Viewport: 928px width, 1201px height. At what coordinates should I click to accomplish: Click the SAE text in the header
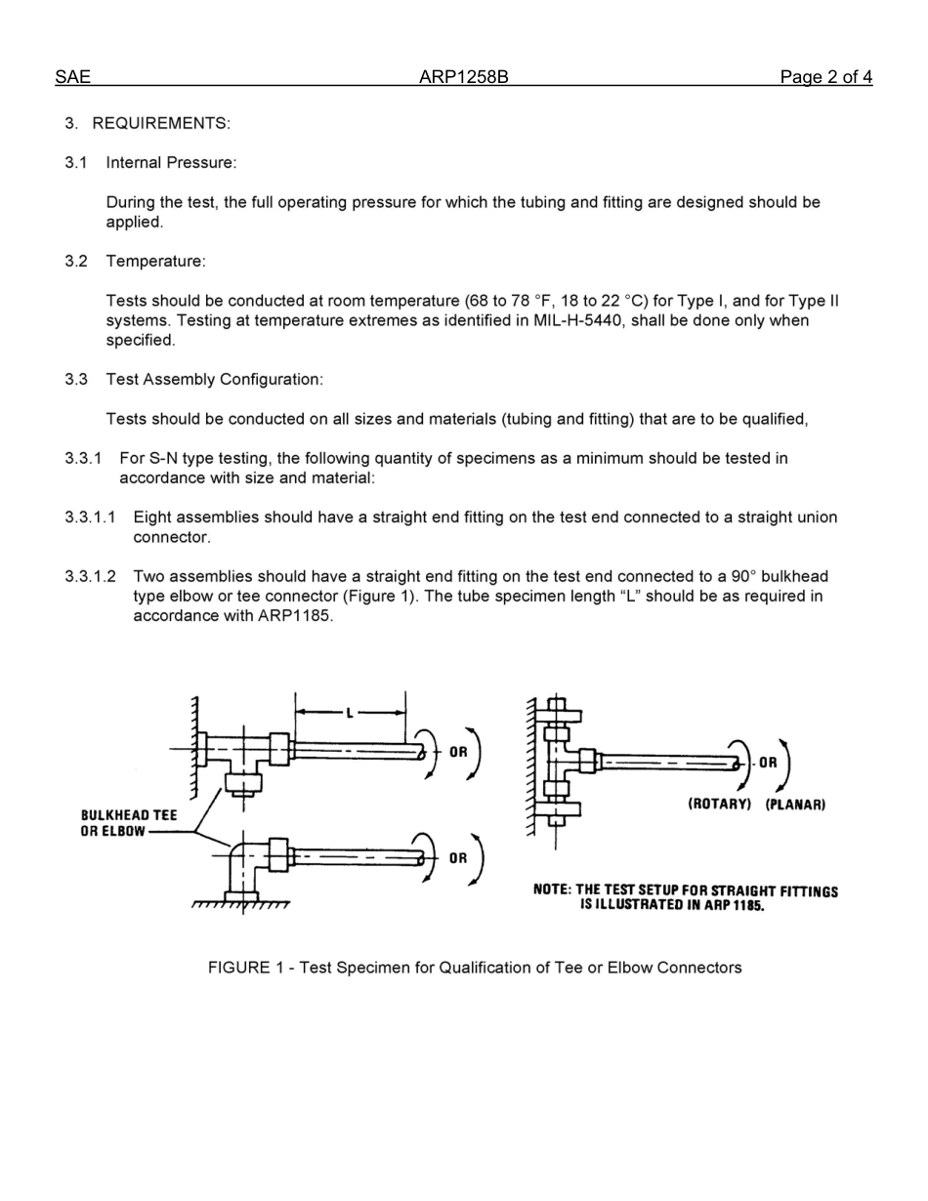[x=72, y=78]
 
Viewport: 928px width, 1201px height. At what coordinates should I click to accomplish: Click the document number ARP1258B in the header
[x=463, y=78]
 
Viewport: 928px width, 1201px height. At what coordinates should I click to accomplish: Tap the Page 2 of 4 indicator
[x=825, y=78]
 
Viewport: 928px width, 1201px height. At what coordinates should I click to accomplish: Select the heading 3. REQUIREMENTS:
[x=148, y=123]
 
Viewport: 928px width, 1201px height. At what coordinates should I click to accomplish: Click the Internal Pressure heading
[x=171, y=163]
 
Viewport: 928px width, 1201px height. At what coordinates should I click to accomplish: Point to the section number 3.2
[x=76, y=262]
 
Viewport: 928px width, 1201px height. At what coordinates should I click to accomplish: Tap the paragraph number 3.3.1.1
[x=90, y=518]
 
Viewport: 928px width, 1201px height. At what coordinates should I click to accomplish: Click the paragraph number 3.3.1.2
[x=90, y=577]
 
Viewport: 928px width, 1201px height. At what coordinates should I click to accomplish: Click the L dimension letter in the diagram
[x=350, y=713]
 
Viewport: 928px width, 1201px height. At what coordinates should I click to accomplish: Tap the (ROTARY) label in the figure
[x=719, y=805]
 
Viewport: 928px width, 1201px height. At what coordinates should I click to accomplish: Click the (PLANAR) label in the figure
[x=795, y=805]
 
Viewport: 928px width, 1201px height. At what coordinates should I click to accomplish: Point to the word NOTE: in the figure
[x=552, y=890]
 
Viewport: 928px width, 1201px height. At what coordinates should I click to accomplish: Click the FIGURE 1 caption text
[x=475, y=968]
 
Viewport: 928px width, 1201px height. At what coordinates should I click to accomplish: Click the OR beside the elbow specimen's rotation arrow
[x=458, y=859]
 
